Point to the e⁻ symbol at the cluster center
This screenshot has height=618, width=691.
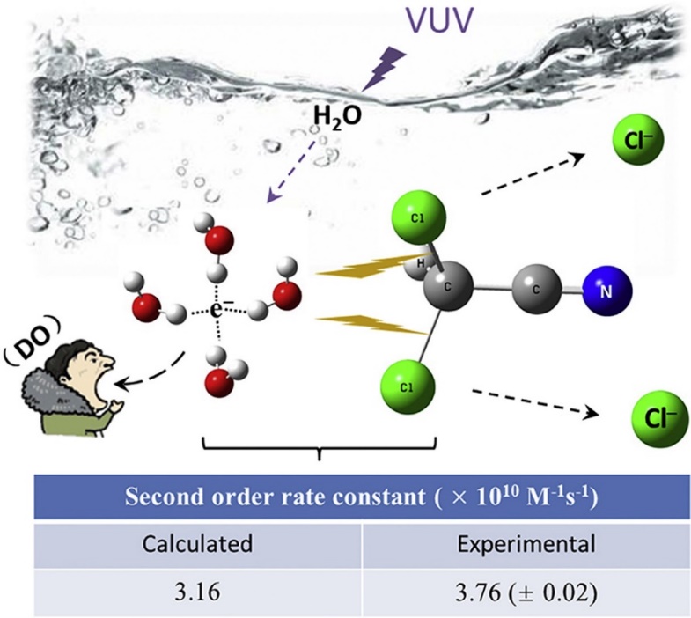(x=219, y=310)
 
